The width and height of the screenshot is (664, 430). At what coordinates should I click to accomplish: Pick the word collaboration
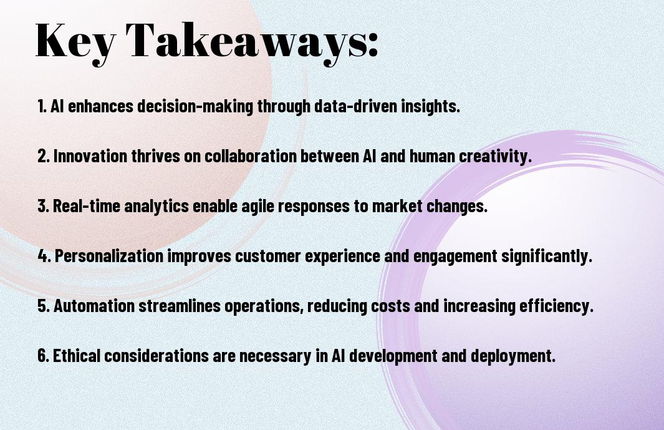[x=251, y=155]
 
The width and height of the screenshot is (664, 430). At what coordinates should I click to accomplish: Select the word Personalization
[x=109, y=256]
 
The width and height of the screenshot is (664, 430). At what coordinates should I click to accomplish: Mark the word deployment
[x=513, y=356]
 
